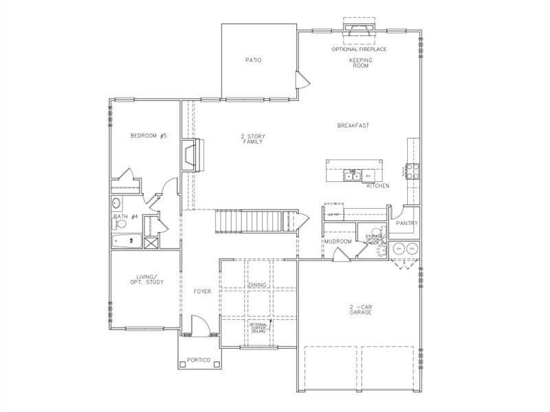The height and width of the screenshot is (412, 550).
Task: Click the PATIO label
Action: point(253,60)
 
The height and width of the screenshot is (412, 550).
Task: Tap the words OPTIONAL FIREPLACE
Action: point(359,49)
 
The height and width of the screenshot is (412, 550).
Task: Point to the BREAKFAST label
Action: point(353,125)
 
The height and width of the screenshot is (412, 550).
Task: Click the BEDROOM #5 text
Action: point(148,135)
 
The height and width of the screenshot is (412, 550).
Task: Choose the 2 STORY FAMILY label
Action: point(253,139)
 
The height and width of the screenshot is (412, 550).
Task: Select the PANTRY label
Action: point(407,223)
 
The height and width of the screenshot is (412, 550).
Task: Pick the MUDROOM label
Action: point(338,242)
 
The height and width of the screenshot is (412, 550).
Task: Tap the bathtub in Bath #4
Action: point(126,241)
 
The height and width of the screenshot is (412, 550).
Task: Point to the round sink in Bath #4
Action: point(116,203)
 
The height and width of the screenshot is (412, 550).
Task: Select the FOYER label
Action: point(202,292)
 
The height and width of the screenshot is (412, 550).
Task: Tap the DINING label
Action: point(257,284)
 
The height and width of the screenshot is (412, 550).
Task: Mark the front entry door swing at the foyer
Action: point(199,324)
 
